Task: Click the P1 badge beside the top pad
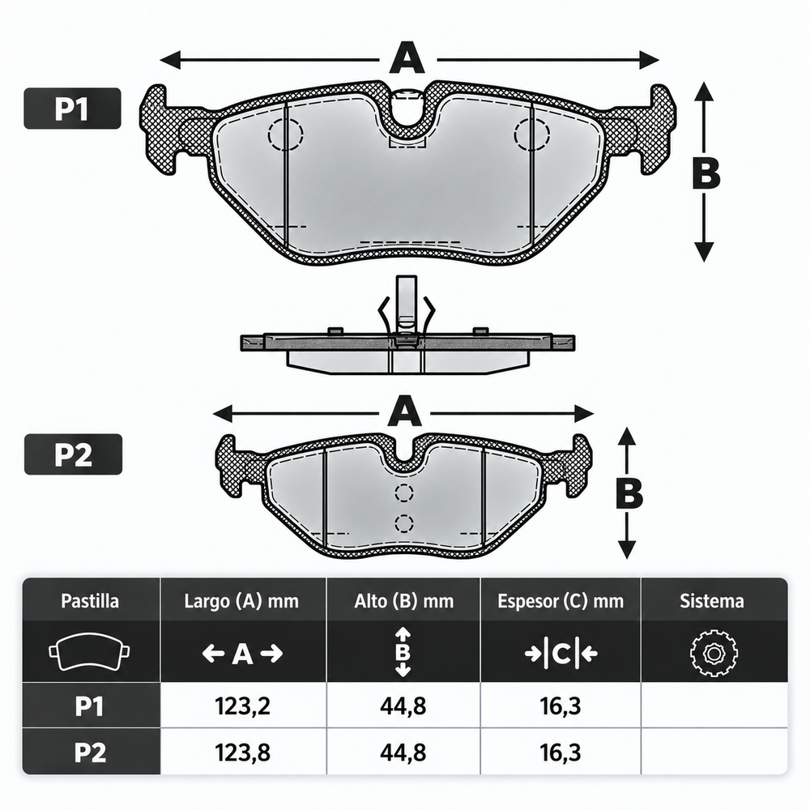point(72,109)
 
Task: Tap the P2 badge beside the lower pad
point(74,454)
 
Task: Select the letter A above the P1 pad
point(407,58)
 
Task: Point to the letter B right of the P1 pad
point(706,173)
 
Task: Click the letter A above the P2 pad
point(405,411)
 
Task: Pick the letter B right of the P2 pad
point(629,492)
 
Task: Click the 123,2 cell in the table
point(242,706)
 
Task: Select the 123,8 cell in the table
point(242,752)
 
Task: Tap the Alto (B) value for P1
point(403,706)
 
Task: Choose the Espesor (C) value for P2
point(561,752)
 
